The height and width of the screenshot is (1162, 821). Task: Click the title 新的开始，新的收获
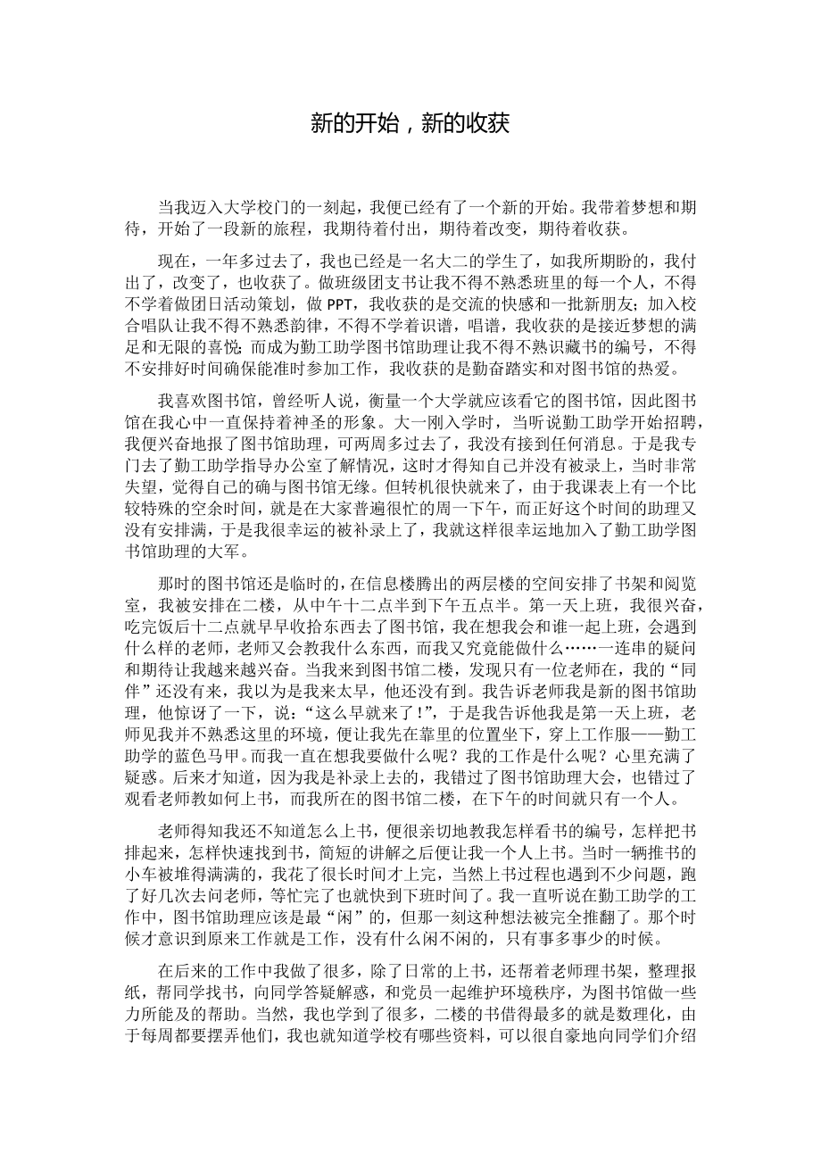tap(410, 122)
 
